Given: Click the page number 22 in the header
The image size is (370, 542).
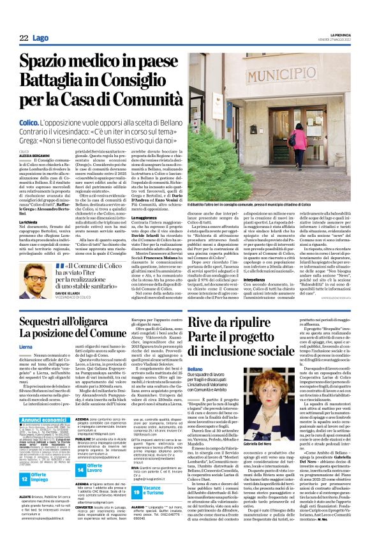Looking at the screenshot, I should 24,39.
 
